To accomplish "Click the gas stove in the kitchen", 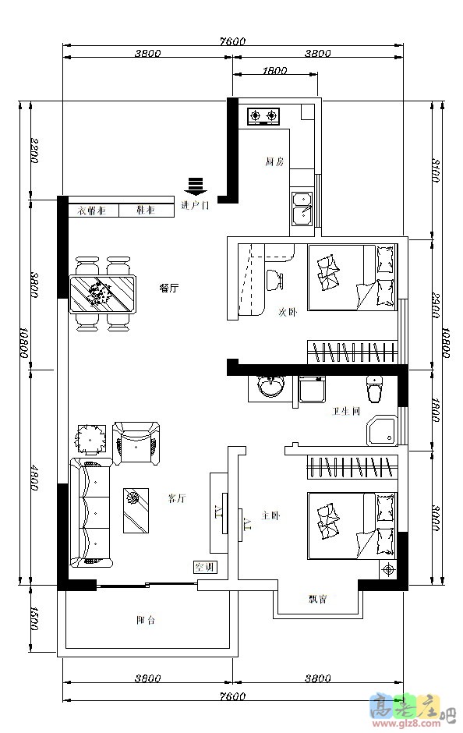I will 263,117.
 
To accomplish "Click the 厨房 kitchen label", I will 274,162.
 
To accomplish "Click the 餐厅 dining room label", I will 169,288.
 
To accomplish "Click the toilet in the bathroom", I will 374,386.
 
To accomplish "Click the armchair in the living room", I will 136,443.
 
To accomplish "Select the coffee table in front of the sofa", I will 136,511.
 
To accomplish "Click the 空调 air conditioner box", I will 205,567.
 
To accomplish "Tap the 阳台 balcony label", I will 145,621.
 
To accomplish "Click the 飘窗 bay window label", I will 317,599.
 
